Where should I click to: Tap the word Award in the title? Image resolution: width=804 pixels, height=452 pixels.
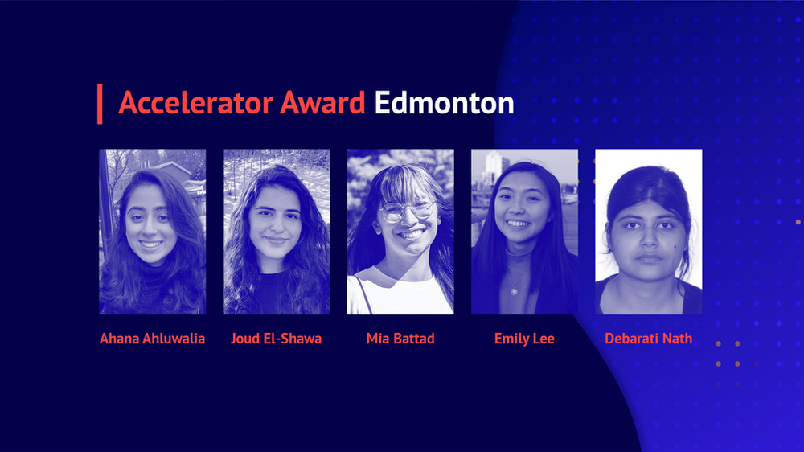[x=322, y=103]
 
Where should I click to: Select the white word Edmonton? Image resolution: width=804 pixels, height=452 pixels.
[x=444, y=103]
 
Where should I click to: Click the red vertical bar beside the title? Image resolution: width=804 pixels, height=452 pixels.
[x=100, y=104]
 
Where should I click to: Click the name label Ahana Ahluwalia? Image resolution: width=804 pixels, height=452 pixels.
[x=152, y=339]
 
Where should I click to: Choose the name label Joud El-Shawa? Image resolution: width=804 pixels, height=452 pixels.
[x=277, y=339]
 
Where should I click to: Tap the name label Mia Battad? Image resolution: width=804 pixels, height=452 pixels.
[x=400, y=339]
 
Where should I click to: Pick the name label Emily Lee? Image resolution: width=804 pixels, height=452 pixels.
[x=524, y=339]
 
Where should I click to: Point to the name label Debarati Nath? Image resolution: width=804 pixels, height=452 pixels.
[x=649, y=339]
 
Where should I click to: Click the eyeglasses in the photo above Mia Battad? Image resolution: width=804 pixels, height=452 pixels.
[x=407, y=211]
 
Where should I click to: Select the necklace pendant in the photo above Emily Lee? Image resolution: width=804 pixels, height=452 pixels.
[x=513, y=292]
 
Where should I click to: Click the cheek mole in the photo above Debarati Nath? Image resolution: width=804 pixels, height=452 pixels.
[x=675, y=247]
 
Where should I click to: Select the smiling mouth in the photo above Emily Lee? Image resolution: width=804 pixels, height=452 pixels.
[x=517, y=224]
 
